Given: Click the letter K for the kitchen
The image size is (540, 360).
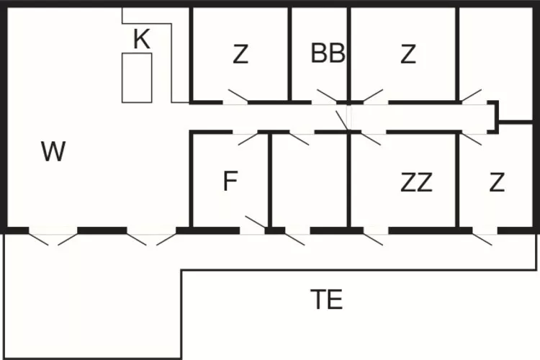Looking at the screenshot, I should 142,40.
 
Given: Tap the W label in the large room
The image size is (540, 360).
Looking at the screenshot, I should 53,152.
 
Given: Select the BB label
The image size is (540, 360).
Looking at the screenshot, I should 328,53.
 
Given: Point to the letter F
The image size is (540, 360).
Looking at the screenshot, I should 230,181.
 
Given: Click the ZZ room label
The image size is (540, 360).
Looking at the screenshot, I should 416,183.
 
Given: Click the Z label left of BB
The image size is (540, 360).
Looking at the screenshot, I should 240,54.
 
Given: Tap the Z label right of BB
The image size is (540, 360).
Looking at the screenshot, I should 408,54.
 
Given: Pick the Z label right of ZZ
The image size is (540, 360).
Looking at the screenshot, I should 497,183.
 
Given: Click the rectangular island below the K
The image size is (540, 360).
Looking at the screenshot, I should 137,77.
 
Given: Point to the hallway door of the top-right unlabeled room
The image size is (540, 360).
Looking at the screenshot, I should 471,96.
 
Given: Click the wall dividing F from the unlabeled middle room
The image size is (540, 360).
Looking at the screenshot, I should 270,180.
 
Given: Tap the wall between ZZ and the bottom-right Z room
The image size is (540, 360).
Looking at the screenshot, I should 456,180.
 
